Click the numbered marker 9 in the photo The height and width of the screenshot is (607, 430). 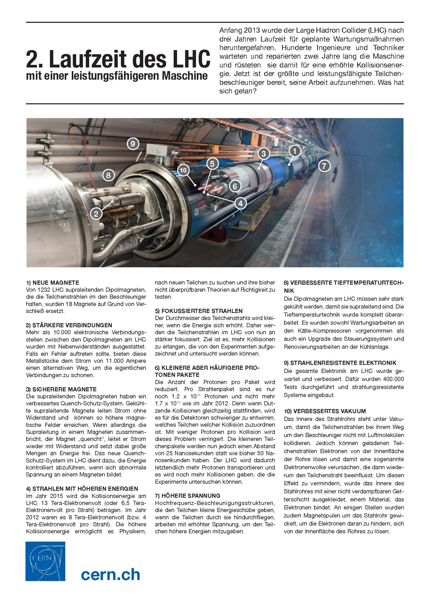pyautogui.click(x=133, y=144)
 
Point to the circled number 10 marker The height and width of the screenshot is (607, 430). pyautogui.click(x=183, y=170)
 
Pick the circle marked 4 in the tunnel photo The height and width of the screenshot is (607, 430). pyautogui.click(x=240, y=203)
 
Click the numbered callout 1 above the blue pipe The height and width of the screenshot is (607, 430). pyautogui.click(x=295, y=151)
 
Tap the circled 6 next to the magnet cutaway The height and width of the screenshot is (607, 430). pyautogui.click(x=235, y=186)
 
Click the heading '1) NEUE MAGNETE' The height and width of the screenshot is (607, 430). pyautogui.click(x=53, y=283)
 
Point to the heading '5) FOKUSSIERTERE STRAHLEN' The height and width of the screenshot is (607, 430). pyautogui.click(x=199, y=311)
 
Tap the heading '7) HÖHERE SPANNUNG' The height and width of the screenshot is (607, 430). pyautogui.click(x=187, y=496)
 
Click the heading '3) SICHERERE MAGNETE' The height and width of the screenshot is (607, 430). pyautogui.click(x=61, y=389)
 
